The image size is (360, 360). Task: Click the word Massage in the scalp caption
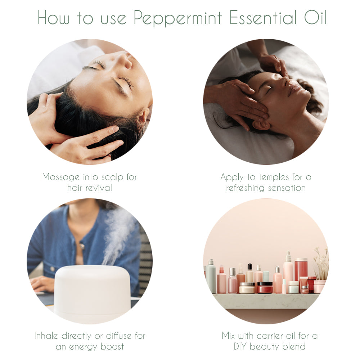60,177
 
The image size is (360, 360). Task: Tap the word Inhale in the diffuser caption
47,336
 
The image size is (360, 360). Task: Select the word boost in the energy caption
111,347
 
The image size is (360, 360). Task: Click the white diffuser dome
92,292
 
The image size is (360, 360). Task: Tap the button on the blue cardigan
82,246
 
